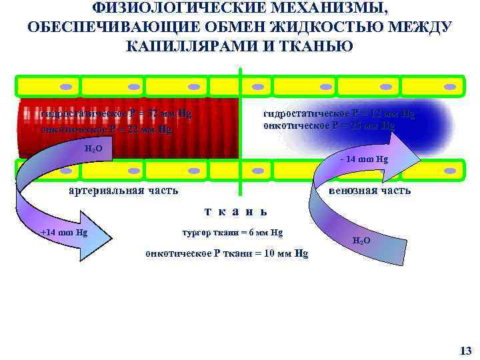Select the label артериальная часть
[124, 191]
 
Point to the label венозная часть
[369, 191]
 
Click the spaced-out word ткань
[236, 211]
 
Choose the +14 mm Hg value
[64, 233]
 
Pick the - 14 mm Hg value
[363, 159]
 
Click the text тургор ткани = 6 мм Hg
[232, 233]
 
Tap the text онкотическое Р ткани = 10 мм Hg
[227, 253]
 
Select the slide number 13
[465, 351]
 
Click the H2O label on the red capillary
[94, 147]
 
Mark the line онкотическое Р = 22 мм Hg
[106, 129]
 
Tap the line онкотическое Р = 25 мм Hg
[329, 125]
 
